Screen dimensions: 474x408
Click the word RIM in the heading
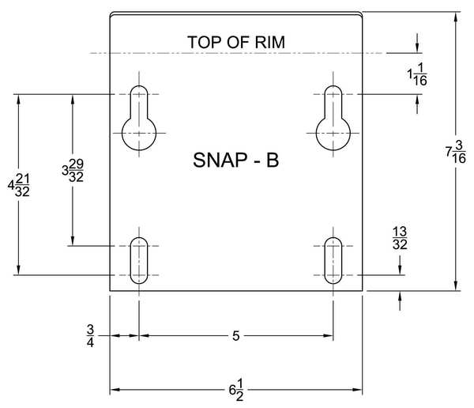(x=270, y=42)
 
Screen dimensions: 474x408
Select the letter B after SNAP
(x=273, y=160)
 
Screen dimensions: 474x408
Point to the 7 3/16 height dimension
(x=456, y=152)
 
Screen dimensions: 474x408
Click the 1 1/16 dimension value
(x=417, y=74)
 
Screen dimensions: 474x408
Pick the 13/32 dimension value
(x=400, y=238)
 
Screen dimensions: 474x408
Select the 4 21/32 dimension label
(x=18, y=185)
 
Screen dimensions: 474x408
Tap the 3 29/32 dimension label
(x=73, y=171)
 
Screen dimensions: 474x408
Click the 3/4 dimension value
(x=90, y=336)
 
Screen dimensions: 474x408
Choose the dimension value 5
(x=235, y=336)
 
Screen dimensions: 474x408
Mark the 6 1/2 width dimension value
(x=236, y=390)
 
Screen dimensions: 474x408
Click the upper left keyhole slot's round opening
(x=139, y=133)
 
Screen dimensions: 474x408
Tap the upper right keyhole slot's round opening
(x=333, y=133)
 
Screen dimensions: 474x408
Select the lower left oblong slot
(x=139, y=260)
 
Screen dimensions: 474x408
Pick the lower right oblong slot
(x=333, y=260)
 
